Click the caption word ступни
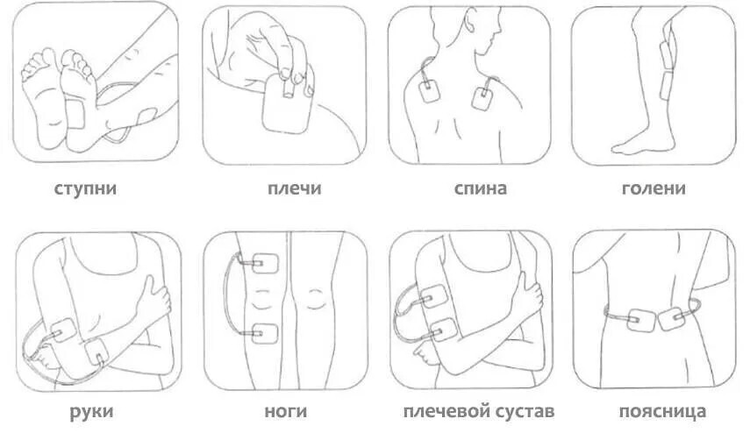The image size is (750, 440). [x=85, y=188]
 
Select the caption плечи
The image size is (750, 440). [x=294, y=188]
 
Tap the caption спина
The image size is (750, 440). [x=480, y=188]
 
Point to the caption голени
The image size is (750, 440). [x=654, y=188]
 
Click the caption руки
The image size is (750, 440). [x=91, y=411]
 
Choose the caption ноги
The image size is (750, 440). [x=286, y=411]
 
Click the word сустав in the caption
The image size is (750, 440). [x=525, y=411]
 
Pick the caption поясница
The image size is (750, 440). [x=662, y=411]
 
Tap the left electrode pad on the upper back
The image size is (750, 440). [x=430, y=91]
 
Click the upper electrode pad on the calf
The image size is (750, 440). [x=667, y=54]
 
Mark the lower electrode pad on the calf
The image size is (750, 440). [x=666, y=86]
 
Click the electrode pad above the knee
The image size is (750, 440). [x=266, y=263]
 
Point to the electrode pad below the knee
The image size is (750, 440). [x=265, y=333]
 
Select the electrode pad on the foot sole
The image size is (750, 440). [x=75, y=115]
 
